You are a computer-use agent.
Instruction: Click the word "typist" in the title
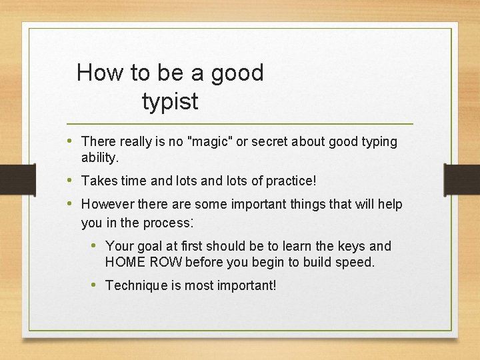click(170, 101)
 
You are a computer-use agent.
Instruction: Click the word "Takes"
click(98, 181)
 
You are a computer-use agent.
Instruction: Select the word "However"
click(107, 204)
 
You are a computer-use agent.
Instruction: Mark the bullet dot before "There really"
click(71, 141)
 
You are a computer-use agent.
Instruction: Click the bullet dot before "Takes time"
click(71, 180)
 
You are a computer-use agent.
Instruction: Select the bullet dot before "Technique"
click(95, 285)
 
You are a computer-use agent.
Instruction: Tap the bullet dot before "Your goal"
click(95, 245)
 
